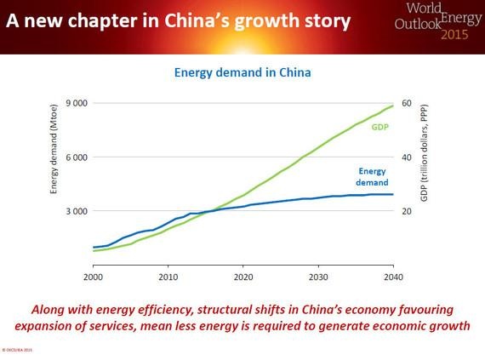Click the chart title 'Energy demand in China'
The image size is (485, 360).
click(x=242, y=72)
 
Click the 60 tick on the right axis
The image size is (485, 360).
click(x=406, y=104)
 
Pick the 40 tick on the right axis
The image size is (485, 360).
click(x=406, y=157)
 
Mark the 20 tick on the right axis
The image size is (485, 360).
click(x=406, y=211)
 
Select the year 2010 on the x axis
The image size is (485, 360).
click(x=168, y=277)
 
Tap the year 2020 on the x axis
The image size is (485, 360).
click(x=242, y=277)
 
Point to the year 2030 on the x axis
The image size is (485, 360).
click(x=317, y=277)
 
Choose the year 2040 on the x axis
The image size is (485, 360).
click(x=392, y=277)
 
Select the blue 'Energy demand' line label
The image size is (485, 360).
click(x=371, y=176)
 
